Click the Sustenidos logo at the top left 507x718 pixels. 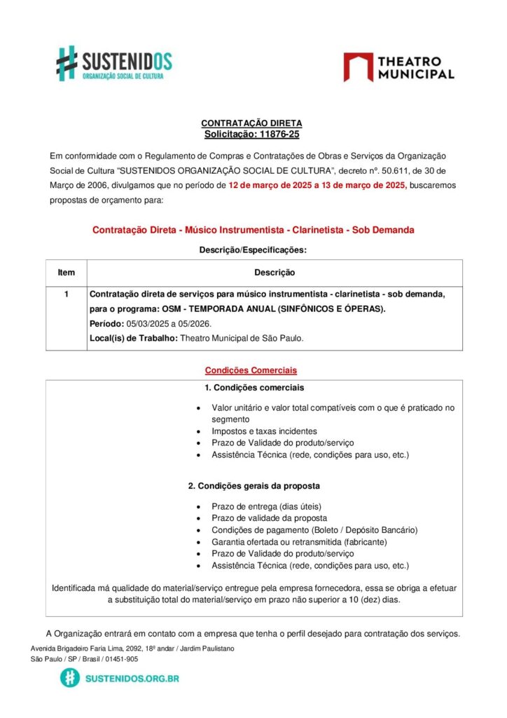[113, 63]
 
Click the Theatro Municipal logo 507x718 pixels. [398, 67]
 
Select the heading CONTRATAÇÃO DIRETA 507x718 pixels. [251, 123]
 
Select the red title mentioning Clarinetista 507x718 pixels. [253, 230]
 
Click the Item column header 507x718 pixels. [66, 273]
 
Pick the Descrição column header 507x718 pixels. [274, 273]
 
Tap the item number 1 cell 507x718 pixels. [66, 294]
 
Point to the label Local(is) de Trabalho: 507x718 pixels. [134, 338]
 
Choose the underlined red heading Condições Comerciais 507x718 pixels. [251, 370]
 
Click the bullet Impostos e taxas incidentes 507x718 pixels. [264, 431]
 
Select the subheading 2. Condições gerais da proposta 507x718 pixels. [254, 486]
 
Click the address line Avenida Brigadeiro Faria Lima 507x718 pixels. [132, 649]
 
